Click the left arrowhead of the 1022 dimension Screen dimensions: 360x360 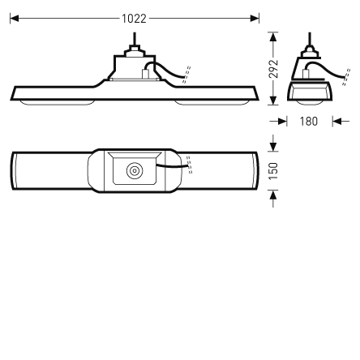(14, 16)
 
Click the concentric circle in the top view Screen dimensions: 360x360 (135, 171)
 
